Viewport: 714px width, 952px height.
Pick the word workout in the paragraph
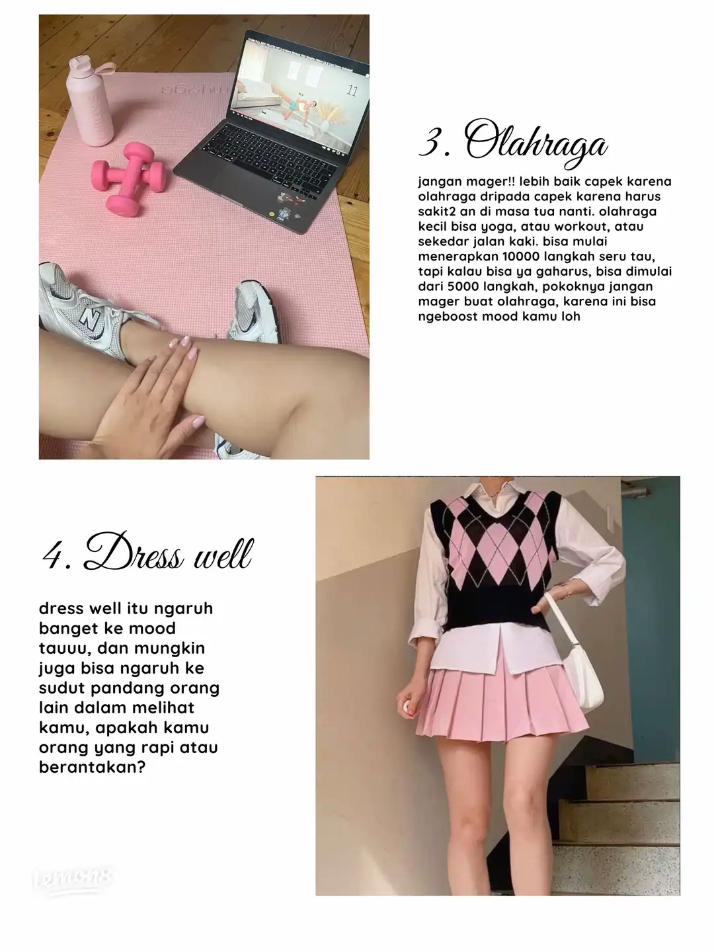tap(580, 226)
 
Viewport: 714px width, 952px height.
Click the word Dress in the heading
tap(134, 551)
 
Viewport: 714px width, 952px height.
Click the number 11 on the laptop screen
tap(352, 91)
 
